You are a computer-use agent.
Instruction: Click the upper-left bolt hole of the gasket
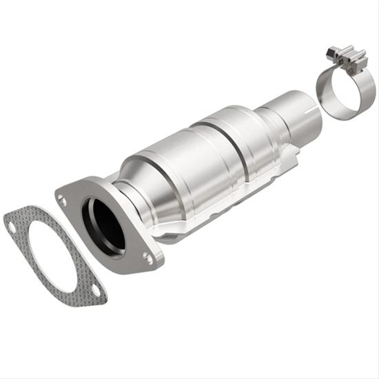click(10, 223)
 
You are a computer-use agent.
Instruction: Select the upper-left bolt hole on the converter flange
click(63, 200)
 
